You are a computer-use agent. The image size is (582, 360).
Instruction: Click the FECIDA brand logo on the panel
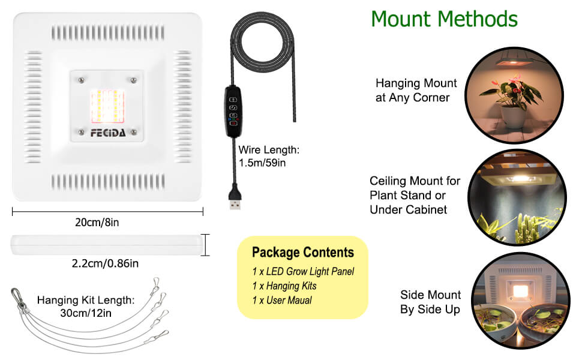pyautogui.click(x=108, y=133)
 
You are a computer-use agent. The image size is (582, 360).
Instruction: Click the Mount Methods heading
pyautogui.click(x=444, y=19)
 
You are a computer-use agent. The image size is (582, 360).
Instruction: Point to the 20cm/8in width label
pyautogui.click(x=97, y=223)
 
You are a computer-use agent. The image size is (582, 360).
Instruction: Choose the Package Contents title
pyautogui.click(x=302, y=253)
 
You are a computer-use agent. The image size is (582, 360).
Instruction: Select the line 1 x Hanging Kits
pyautogui.click(x=284, y=286)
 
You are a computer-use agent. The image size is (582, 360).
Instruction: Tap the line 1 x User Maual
pyautogui.click(x=282, y=300)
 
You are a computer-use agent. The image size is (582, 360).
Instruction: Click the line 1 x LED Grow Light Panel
pyautogui.click(x=303, y=272)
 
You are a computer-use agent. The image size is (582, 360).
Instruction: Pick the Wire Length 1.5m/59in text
pyautogui.click(x=268, y=156)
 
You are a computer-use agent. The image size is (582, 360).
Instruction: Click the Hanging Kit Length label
pyautogui.click(x=85, y=306)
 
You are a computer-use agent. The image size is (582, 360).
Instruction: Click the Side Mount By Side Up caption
pyautogui.click(x=430, y=302)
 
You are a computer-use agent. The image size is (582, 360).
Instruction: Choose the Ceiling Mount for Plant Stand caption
pyautogui.click(x=415, y=195)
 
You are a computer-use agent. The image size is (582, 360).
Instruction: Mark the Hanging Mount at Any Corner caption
pyautogui.click(x=416, y=90)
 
